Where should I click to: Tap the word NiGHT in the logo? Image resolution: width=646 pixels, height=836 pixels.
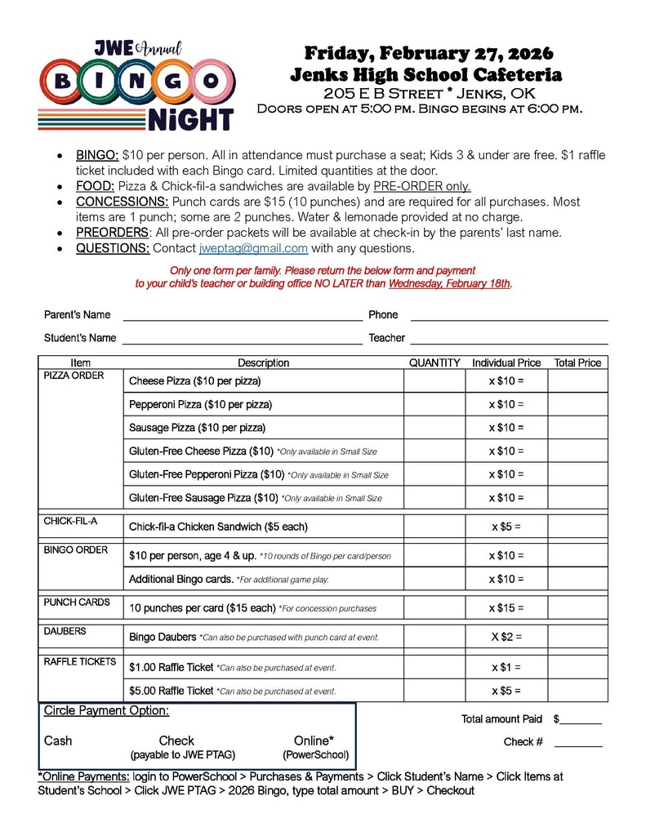coord(190,119)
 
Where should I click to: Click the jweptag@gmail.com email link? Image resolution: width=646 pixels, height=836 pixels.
coord(253,248)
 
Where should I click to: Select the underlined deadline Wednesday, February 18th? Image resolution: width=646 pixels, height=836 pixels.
coord(449,283)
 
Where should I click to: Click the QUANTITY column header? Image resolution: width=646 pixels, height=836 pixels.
coord(434,362)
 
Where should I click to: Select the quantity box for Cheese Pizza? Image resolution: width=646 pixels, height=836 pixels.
coord(434,381)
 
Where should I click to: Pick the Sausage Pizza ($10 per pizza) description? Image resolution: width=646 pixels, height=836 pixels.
coord(197,428)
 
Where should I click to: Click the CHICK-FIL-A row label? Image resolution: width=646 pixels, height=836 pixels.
coord(70,521)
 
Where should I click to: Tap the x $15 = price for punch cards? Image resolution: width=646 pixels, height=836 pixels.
coord(506,608)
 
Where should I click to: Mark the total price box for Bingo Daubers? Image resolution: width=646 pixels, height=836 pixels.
coord(577,637)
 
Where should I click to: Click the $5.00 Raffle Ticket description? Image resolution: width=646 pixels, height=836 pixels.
coord(172,691)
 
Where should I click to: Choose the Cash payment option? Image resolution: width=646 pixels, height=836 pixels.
coord(58,740)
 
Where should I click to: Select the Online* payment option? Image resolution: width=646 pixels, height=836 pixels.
coord(314,740)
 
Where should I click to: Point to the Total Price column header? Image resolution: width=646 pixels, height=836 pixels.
coord(577,362)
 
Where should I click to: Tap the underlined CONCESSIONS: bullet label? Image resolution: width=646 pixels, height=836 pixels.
coord(123,202)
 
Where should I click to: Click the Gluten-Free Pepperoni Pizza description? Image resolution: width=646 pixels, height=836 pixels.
coord(206,474)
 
